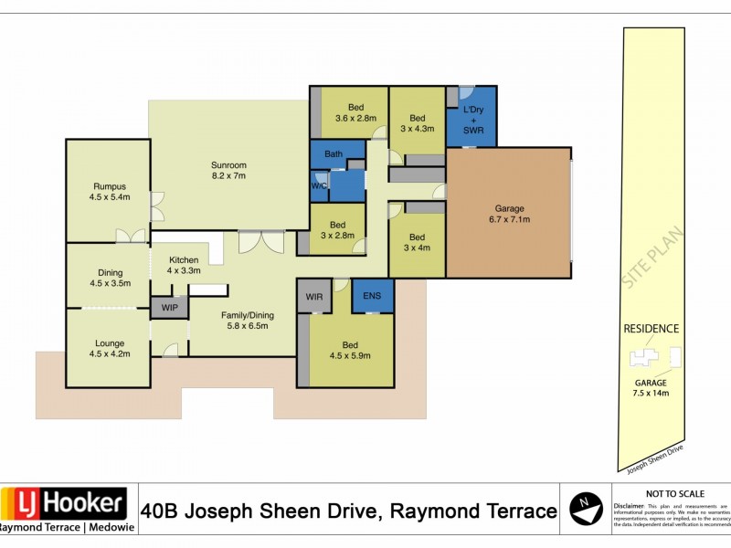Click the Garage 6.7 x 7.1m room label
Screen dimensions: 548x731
(x=509, y=214)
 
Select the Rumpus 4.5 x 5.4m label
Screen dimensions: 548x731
(x=109, y=192)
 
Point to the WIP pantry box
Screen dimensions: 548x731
(x=170, y=308)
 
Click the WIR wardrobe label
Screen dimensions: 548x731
(x=314, y=297)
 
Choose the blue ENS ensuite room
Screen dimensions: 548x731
(x=373, y=296)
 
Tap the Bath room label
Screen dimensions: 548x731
(x=334, y=154)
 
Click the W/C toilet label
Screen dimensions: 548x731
(x=319, y=186)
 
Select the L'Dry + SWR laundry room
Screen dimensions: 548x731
(x=473, y=120)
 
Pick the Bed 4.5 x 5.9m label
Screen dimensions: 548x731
(x=351, y=350)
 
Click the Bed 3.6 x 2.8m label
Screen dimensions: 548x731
(x=355, y=112)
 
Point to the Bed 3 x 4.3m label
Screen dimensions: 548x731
(x=417, y=123)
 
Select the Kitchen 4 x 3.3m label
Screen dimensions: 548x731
(x=184, y=265)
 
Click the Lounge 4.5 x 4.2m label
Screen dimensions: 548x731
(x=109, y=350)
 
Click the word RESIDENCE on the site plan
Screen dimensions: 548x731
(x=651, y=329)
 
